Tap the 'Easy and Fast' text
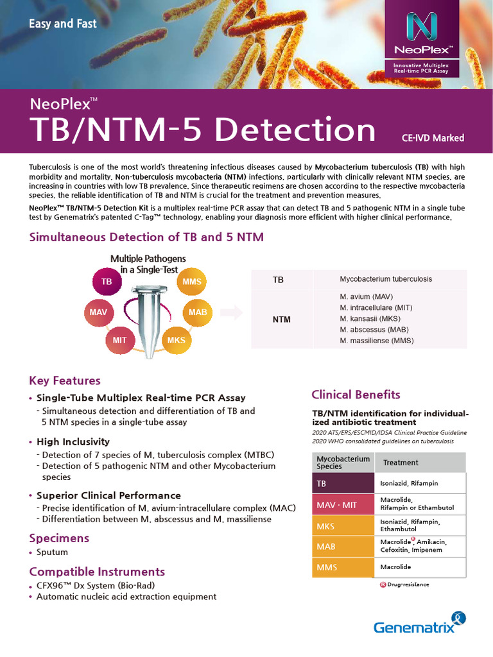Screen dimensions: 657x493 point(63,24)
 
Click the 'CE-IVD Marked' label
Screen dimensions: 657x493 point(433,138)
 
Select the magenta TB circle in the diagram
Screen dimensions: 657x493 point(107,282)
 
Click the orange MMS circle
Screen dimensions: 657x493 point(191,282)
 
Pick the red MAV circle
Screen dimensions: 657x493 point(98,312)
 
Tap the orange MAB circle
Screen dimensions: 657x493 point(198,312)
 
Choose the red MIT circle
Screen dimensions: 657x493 point(120,340)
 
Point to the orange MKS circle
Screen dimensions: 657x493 point(176,340)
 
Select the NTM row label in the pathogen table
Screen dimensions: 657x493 point(281,320)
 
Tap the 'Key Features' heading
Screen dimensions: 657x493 point(65,380)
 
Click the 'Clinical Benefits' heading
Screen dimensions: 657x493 point(356,395)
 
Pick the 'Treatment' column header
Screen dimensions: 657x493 point(401,463)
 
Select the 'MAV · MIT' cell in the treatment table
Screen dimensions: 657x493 point(336,505)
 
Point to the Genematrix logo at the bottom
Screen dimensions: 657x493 point(419,624)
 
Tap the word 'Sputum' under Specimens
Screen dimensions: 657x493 point(52,552)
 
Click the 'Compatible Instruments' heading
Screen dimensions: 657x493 point(97,571)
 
